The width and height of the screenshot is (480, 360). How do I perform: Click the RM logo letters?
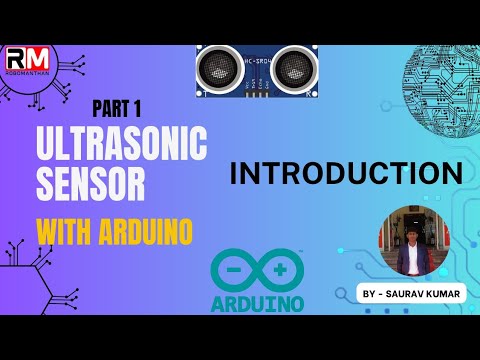pos(32,58)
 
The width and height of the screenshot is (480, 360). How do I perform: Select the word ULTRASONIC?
pos(122,147)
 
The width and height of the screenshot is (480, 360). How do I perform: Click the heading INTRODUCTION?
pos(345,173)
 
